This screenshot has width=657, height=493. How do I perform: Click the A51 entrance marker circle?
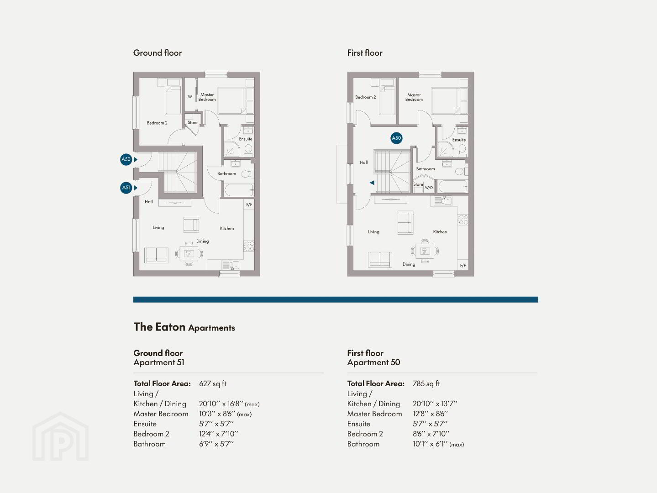coord(126,188)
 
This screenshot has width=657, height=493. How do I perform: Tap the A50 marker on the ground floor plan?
coord(126,159)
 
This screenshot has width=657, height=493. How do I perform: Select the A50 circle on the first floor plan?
coord(396,138)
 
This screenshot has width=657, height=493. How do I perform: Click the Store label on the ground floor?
coord(193,122)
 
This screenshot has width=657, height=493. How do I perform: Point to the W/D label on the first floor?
coord(429,188)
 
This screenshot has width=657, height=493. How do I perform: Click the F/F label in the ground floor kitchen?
coord(249,205)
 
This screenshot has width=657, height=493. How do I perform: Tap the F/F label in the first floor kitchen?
coord(463,265)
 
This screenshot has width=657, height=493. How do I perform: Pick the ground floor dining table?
coord(189,254)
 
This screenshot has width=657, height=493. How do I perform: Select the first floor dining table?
coord(425,251)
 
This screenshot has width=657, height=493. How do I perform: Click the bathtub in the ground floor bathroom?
coord(238,190)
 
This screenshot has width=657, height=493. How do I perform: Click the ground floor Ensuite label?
coord(246,139)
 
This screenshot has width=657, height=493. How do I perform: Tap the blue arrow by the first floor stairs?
coord(372,183)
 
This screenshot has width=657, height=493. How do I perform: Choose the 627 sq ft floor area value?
coord(212,383)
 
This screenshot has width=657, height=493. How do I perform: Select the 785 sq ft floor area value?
coord(426,383)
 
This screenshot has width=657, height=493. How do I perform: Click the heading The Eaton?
coord(159,327)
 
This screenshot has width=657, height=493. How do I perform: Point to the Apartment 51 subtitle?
coord(159,362)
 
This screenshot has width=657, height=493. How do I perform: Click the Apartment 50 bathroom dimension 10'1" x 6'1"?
coord(430,444)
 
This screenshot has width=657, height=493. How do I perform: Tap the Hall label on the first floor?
coord(364,162)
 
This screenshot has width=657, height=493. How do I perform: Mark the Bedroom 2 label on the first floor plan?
coord(365,97)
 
